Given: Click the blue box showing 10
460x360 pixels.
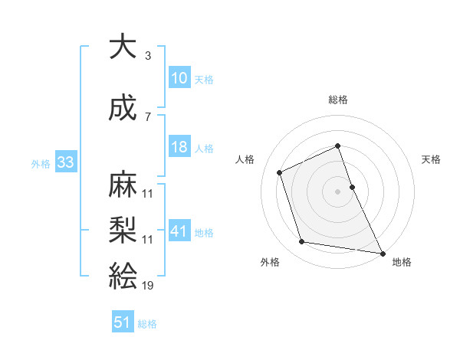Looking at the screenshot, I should tap(179, 78).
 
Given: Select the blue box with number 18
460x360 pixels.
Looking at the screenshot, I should tap(179, 148).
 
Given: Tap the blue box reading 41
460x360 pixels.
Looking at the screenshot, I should tap(179, 231).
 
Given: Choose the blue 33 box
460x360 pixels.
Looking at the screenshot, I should tap(64, 162).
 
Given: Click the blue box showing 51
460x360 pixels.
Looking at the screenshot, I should tap(123, 322).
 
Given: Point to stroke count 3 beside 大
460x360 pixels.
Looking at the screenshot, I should tap(147, 56).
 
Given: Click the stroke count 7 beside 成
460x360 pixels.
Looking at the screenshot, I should tap(147, 116).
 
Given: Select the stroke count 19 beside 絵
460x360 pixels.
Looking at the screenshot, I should tap(147, 285).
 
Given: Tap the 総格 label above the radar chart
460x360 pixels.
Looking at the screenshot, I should tap(338, 100).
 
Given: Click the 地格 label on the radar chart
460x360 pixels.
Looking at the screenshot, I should tap(402, 262).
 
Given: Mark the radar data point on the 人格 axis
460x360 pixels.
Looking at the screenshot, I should tap(280, 172).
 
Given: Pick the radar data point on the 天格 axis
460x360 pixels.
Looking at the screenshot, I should tap(352, 186).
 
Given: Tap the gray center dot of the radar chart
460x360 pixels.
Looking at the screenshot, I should tap(337, 191).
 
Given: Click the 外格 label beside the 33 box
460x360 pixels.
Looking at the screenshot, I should tap(41, 163).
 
